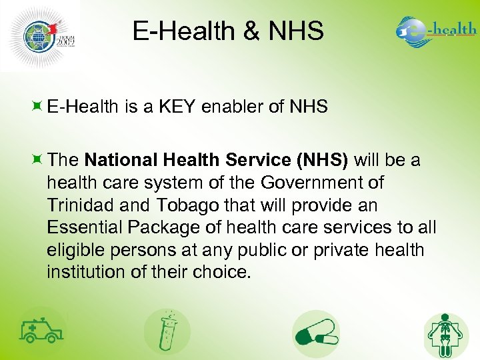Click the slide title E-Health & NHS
pyautogui.click(x=228, y=31)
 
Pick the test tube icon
pyautogui.click(x=167, y=331)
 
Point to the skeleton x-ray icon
pyautogui.click(x=446, y=333)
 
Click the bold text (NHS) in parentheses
pyautogui.click(x=322, y=160)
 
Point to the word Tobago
pyautogui.click(x=182, y=205)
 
